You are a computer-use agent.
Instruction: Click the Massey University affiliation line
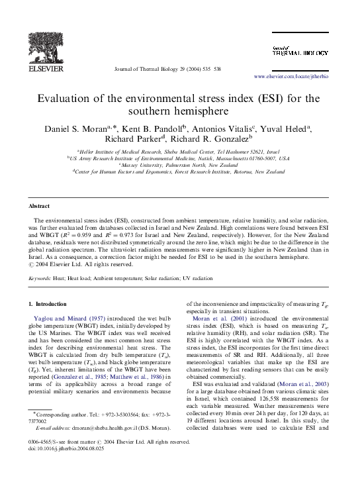[x=179, y=164]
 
